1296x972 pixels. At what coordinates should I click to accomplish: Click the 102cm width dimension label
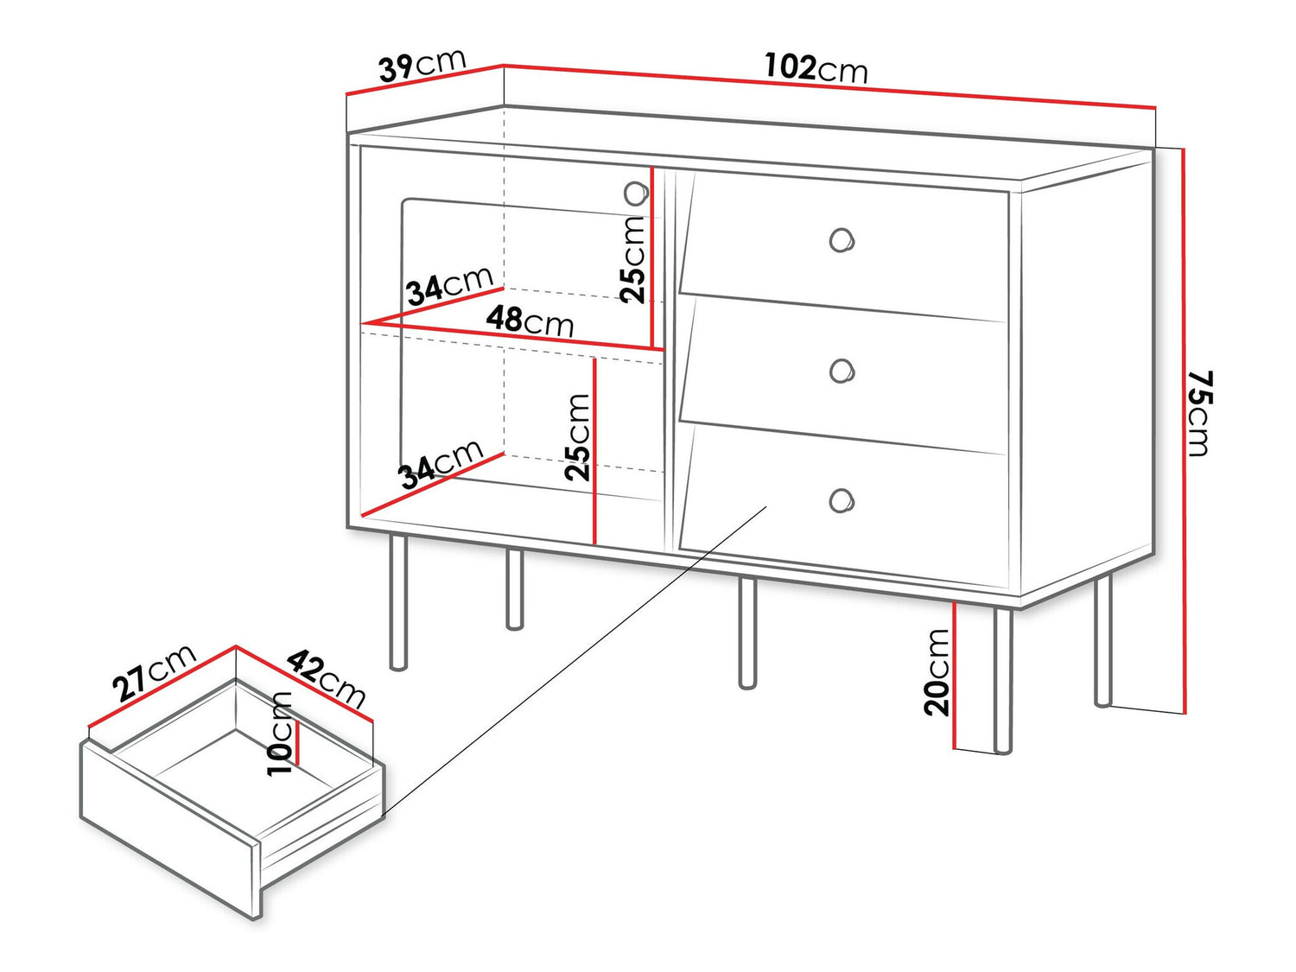[x=816, y=68]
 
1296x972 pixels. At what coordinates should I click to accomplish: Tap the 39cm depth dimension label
[x=422, y=66]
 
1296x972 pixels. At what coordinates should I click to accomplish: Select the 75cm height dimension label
[x=1200, y=413]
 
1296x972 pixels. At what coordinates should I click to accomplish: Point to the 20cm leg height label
[x=937, y=672]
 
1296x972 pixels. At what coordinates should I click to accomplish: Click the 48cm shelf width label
[x=530, y=321]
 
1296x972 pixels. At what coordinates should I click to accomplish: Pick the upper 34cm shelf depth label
[x=449, y=286]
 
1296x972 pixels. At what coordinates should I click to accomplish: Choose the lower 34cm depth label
[x=440, y=465]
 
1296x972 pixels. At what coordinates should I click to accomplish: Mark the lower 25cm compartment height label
[x=577, y=437]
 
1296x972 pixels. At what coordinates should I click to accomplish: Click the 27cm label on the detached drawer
[x=154, y=673]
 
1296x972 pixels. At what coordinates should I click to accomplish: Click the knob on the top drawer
[x=841, y=239]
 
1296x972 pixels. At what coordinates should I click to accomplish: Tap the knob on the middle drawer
[x=841, y=371]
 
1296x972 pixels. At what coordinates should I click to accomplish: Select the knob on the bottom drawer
[x=841, y=500]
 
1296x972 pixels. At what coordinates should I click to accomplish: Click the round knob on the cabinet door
[x=636, y=194]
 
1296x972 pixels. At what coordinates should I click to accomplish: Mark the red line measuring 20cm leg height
[x=954, y=674]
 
